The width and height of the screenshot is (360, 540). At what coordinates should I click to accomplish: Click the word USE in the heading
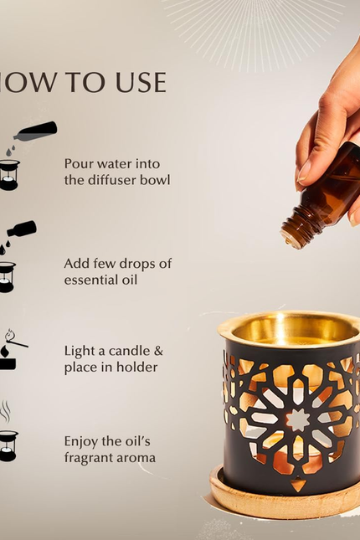pyautogui.click(x=141, y=83)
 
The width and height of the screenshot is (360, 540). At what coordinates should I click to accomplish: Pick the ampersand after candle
pyautogui.click(x=159, y=352)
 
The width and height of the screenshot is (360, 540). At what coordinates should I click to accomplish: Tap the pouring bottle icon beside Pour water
pyautogui.click(x=35, y=131)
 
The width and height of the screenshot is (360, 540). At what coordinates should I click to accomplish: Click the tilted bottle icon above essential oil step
pyautogui.click(x=22, y=229)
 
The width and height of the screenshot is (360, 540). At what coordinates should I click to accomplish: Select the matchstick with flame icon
pyautogui.click(x=16, y=340)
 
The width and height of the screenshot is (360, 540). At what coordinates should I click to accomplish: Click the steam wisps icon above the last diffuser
pyautogui.click(x=5, y=411)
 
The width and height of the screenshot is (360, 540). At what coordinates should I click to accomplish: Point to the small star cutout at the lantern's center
pyautogui.click(x=298, y=419)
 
